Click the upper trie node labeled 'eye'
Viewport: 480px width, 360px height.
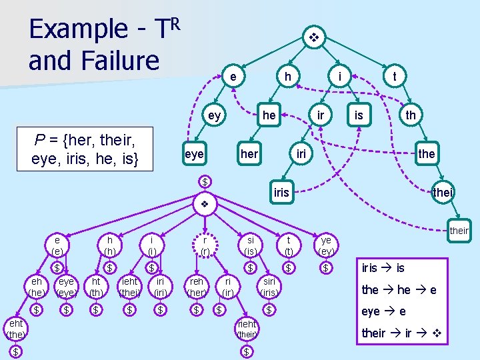pos(193,154)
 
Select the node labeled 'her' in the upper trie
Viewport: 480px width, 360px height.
pos(249,154)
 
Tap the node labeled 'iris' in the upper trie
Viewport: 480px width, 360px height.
pos(281,193)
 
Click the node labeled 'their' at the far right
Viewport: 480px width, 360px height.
pos(459,231)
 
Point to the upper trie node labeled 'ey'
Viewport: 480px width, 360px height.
pos(214,115)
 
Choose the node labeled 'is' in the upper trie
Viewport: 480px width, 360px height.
pos(359,115)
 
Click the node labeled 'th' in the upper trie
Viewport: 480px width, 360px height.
pos(411,115)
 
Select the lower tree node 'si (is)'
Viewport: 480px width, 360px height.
pos(250,245)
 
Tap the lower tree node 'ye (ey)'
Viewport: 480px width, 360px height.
pos(326,245)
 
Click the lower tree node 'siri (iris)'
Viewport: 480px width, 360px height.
pos(269,287)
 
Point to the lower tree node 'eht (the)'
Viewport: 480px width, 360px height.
pos(15,329)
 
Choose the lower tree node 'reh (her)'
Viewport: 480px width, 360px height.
pos(197,287)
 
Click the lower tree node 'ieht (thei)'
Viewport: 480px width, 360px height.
pos(129,287)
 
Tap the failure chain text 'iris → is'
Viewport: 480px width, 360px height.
pos(383,267)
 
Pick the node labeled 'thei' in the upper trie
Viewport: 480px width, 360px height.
pos(443,193)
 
